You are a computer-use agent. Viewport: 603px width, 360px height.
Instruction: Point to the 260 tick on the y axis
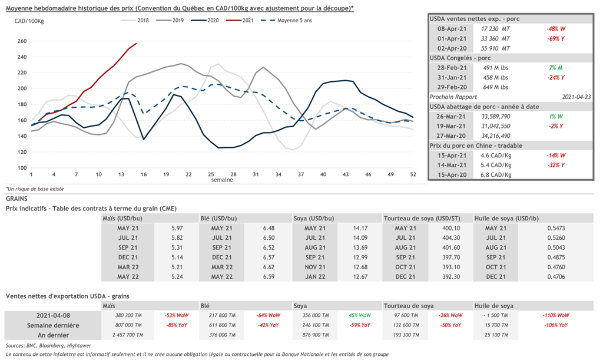[x=22, y=41]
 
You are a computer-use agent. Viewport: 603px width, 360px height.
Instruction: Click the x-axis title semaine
[x=221, y=180]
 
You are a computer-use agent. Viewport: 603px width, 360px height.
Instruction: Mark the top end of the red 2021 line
[x=137, y=44]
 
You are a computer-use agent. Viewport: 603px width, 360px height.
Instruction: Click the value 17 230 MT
[x=495, y=28]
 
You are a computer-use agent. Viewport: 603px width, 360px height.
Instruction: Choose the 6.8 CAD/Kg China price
[x=496, y=174]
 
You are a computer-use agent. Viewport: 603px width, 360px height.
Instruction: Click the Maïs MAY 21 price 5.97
[x=177, y=228]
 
